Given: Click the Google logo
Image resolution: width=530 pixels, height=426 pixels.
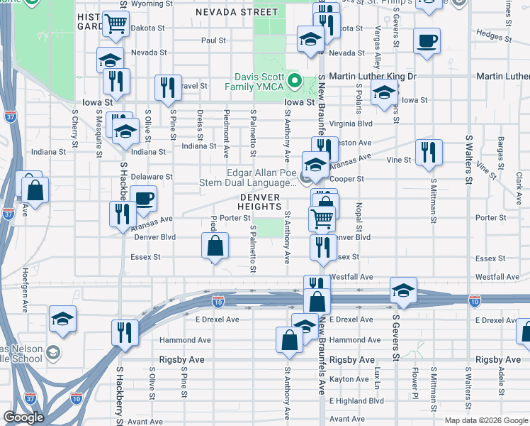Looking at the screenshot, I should [23, 417].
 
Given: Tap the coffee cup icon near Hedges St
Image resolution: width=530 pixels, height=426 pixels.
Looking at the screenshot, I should [427, 41].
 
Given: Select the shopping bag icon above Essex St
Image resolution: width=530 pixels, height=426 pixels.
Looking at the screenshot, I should [215, 247].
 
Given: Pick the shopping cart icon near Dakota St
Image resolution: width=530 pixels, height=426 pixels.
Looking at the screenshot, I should [115, 24].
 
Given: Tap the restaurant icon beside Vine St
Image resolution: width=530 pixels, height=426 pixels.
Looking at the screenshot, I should [429, 153].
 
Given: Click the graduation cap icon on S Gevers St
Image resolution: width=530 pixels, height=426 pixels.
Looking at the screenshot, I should [403, 290].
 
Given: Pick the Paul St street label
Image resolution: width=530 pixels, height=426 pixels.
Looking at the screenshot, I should [213, 40].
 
